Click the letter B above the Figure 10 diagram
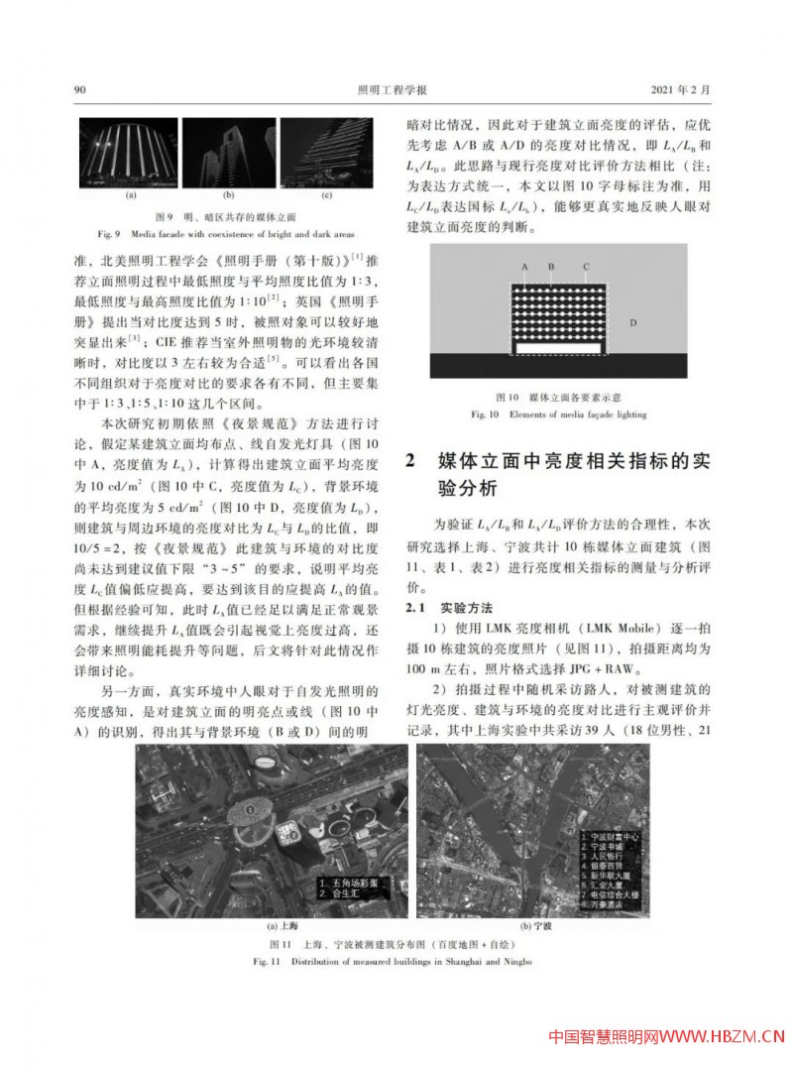point(550,268)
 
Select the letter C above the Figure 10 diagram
point(586,268)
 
